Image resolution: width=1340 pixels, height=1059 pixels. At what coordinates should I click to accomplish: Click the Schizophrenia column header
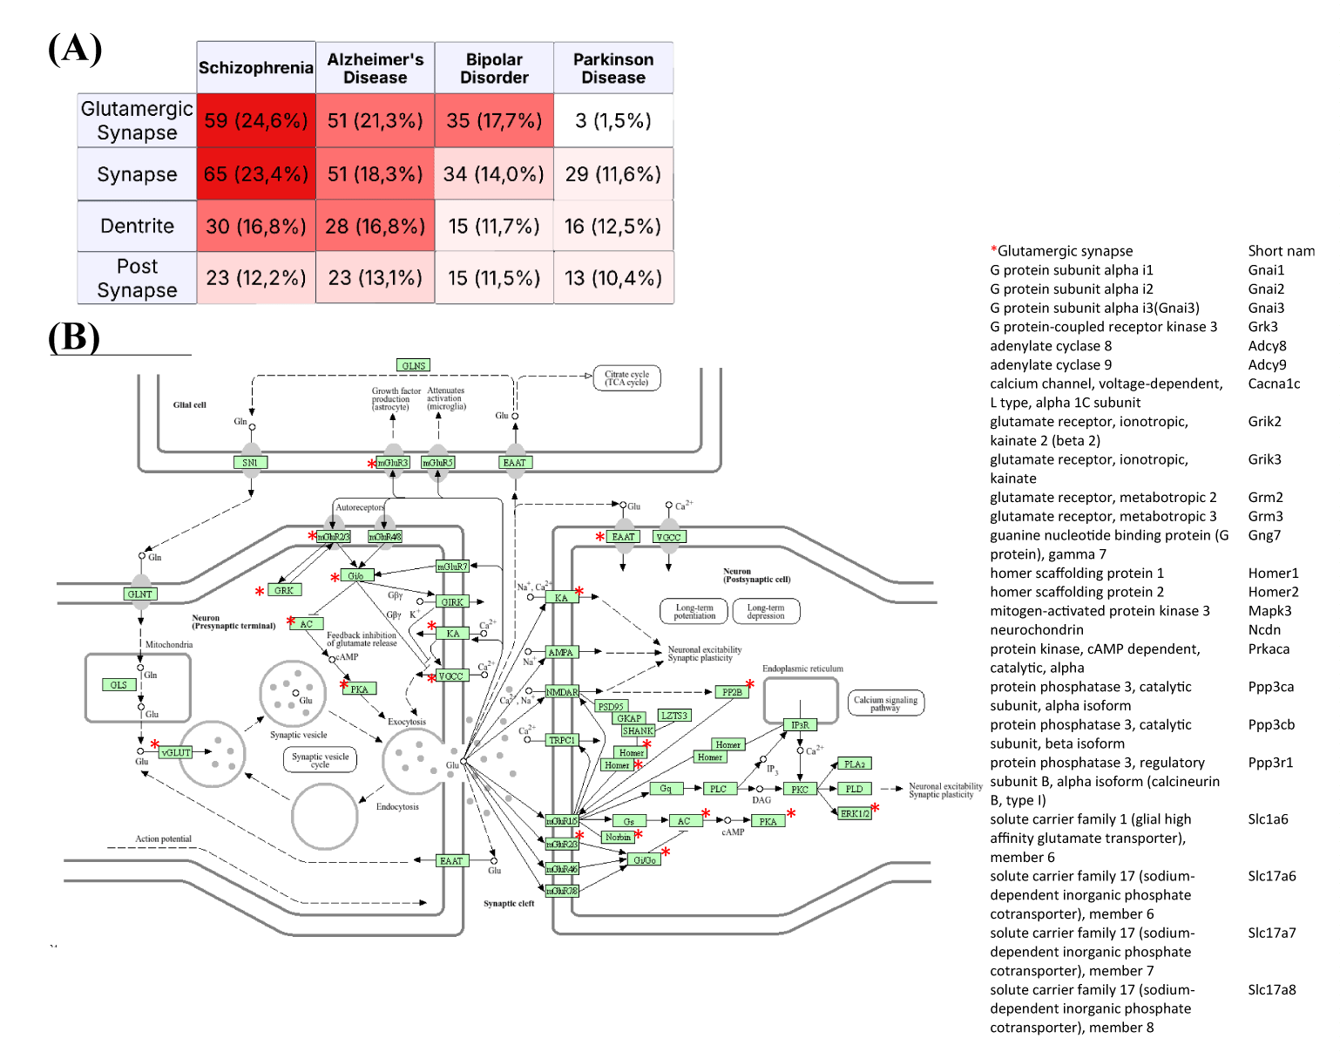click(255, 68)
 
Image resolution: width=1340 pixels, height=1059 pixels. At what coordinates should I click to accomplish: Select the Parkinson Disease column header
click(613, 68)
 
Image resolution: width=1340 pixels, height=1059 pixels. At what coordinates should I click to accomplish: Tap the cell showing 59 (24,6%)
click(255, 120)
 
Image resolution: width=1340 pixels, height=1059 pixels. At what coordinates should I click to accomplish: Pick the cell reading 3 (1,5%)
click(613, 120)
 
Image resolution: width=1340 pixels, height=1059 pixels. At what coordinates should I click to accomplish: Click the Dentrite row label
click(137, 227)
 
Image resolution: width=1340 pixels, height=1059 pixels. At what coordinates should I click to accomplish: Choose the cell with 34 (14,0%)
click(494, 174)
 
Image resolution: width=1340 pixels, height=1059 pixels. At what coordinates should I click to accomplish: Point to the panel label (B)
click(74, 337)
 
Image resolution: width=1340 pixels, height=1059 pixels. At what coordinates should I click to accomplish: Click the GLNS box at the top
click(414, 366)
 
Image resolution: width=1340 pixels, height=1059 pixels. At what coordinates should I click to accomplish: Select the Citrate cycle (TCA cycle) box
click(627, 378)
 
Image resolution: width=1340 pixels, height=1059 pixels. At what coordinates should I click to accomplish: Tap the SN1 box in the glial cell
click(250, 463)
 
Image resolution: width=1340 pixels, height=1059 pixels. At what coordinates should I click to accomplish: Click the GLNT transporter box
click(140, 594)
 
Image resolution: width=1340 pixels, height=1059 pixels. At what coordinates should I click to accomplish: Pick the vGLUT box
click(176, 752)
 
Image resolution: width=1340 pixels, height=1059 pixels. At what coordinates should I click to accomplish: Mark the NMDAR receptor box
click(562, 692)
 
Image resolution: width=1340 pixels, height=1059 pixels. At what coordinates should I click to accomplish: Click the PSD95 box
click(611, 707)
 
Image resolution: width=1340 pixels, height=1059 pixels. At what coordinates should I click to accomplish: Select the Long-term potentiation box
click(694, 612)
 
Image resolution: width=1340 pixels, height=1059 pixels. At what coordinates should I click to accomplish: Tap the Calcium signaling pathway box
click(885, 703)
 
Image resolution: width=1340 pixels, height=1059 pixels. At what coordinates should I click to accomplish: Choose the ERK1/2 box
click(855, 813)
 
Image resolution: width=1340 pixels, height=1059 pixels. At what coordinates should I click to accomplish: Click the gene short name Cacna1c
click(1274, 384)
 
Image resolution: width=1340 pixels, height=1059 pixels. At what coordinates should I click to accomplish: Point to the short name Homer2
click(1273, 592)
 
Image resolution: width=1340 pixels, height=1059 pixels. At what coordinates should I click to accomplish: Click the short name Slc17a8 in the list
click(1272, 990)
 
